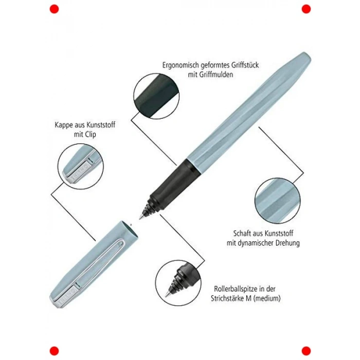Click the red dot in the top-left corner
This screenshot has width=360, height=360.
click(x=54, y=9)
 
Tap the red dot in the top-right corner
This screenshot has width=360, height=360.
click(x=306, y=9)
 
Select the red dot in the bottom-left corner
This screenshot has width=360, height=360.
click(x=54, y=351)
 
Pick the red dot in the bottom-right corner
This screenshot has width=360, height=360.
click(x=306, y=351)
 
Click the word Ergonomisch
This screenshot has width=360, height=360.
click(x=181, y=65)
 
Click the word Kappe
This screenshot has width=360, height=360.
click(x=64, y=125)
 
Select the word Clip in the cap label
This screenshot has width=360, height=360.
click(x=91, y=135)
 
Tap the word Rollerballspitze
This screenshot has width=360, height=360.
click(x=235, y=289)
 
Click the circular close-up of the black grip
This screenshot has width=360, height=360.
click(x=156, y=96)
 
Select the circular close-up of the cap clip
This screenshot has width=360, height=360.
click(x=81, y=167)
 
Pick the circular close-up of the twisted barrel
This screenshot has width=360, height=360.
click(x=278, y=201)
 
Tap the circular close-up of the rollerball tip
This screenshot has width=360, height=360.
click(x=178, y=283)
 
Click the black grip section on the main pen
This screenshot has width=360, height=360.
click(x=172, y=184)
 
